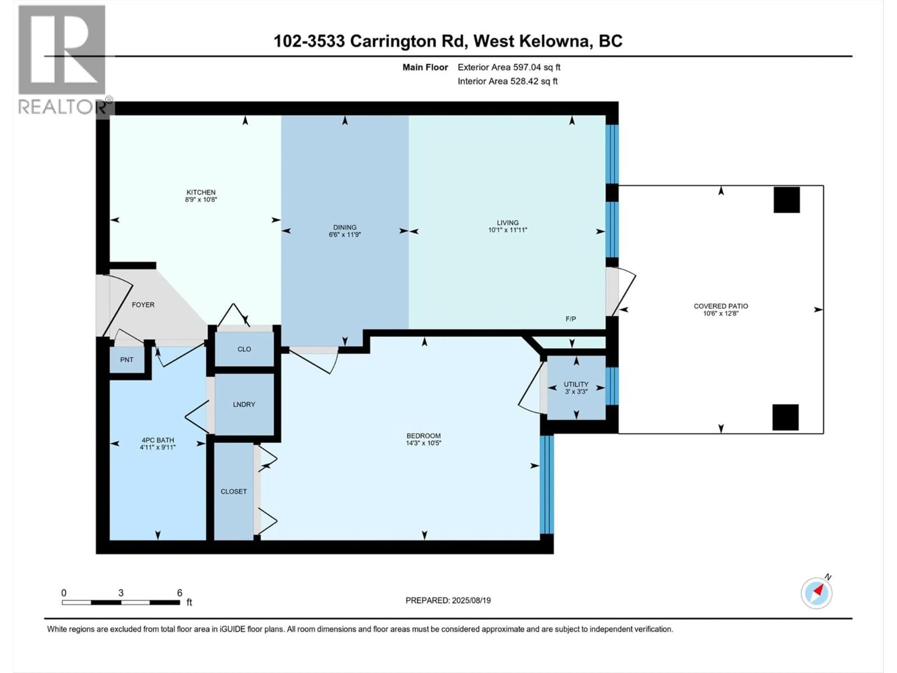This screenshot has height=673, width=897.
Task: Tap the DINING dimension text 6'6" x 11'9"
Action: (x=345, y=234)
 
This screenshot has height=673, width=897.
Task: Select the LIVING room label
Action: (x=507, y=223)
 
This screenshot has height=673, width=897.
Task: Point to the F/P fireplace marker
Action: (x=571, y=319)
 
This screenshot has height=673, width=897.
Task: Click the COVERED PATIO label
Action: (x=721, y=306)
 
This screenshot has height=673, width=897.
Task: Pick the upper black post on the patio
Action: (x=786, y=200)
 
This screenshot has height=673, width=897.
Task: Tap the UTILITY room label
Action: (x=576, y=384)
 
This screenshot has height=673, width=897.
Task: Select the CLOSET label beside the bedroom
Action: (x=234, y=491)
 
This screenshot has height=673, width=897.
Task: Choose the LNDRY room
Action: (x=244, y=405)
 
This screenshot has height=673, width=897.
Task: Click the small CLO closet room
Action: (x=244, y=349)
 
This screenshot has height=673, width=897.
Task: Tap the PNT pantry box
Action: (x=127, y=359)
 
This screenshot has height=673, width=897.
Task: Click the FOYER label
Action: (x=143, y=305)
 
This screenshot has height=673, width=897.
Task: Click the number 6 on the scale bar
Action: (x=180, y=593)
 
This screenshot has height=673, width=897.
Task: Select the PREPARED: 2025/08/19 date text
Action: (x=448, y=600)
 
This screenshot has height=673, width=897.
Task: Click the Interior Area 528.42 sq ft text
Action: (x=507, y=81)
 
